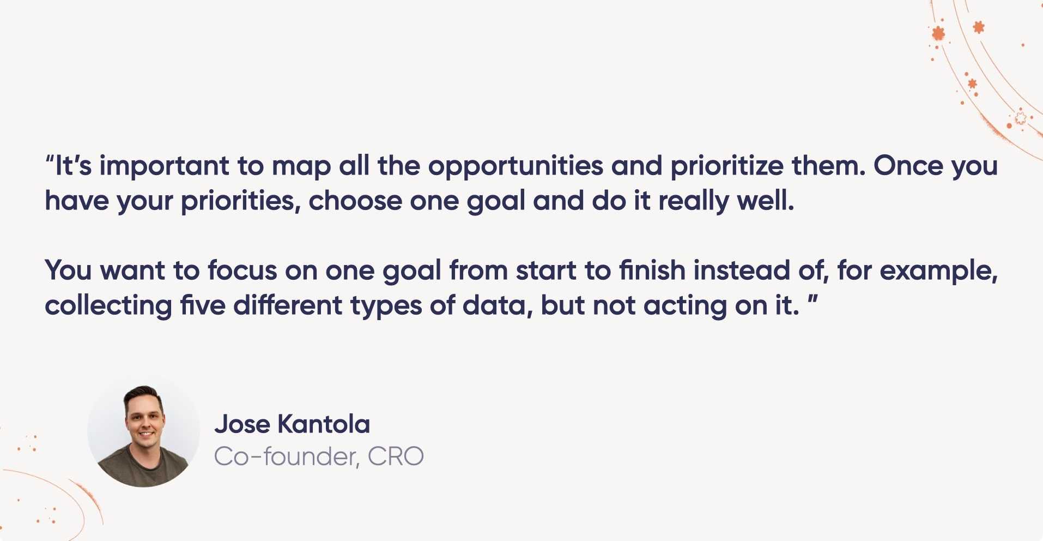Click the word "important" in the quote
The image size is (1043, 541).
[x=164, y=166]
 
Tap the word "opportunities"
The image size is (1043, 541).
[x=516, y=166]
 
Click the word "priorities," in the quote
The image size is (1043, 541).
[x=240, y=201]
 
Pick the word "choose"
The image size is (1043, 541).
[x=355, y=200]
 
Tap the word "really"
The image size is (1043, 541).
[x=693, y=201]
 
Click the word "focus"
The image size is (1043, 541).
[x=242, y=270]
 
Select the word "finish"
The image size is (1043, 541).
[x=652, y=270]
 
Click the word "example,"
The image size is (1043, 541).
[x=938, y=271]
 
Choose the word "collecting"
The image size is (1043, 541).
[x=108, y=306]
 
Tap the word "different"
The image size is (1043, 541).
[x=288, y=305]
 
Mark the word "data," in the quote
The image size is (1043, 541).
[x=498, y=306]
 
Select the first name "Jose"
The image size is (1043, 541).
[x=242, y=424]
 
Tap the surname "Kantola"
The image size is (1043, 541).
[x=324, y=424]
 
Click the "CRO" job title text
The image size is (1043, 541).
[x=396, y=456]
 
